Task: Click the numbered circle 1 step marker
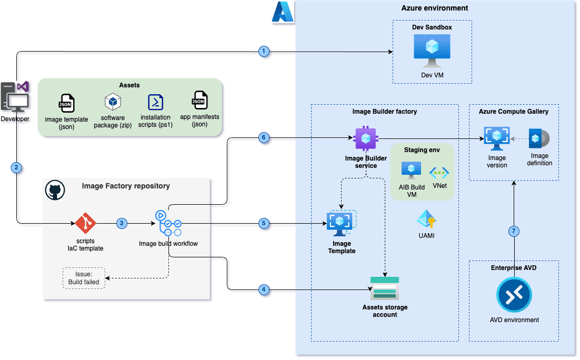(x=264, y=51)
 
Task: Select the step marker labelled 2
(x=16, y=168)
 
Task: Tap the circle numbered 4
(x=264, y=289)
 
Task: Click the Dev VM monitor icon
(x=432, y=51)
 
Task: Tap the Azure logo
(x=283, y=12)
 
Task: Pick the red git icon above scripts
(x=86, y=224)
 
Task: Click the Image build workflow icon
(x=168, y=224)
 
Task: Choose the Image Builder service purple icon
(x=365, y=139)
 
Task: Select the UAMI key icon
(x=425, y=219)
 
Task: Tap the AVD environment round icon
(x=514, y=295)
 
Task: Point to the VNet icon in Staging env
(x=439, y=172)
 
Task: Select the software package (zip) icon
(x=113, y=102)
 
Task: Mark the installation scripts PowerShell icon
(x=155, y=102)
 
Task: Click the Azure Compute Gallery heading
(x=513, y=112)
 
